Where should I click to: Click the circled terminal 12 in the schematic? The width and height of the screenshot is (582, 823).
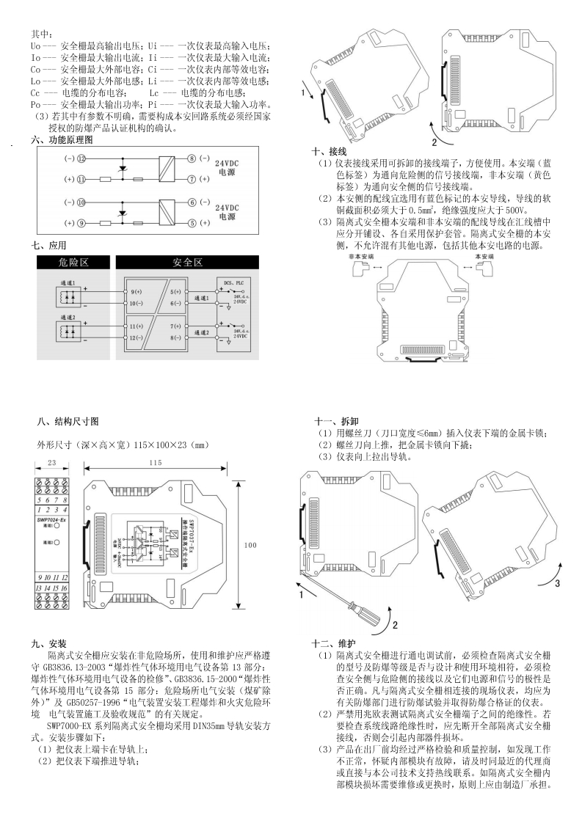pyautogui.click(x=81, y=158)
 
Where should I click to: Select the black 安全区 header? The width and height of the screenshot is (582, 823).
pyautogui.click(x=187, y=262)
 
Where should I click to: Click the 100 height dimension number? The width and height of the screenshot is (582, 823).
pyautogui.click(x=250, y=545)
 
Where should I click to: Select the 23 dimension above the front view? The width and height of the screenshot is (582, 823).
pyautogui.click(x=51, y=463)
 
